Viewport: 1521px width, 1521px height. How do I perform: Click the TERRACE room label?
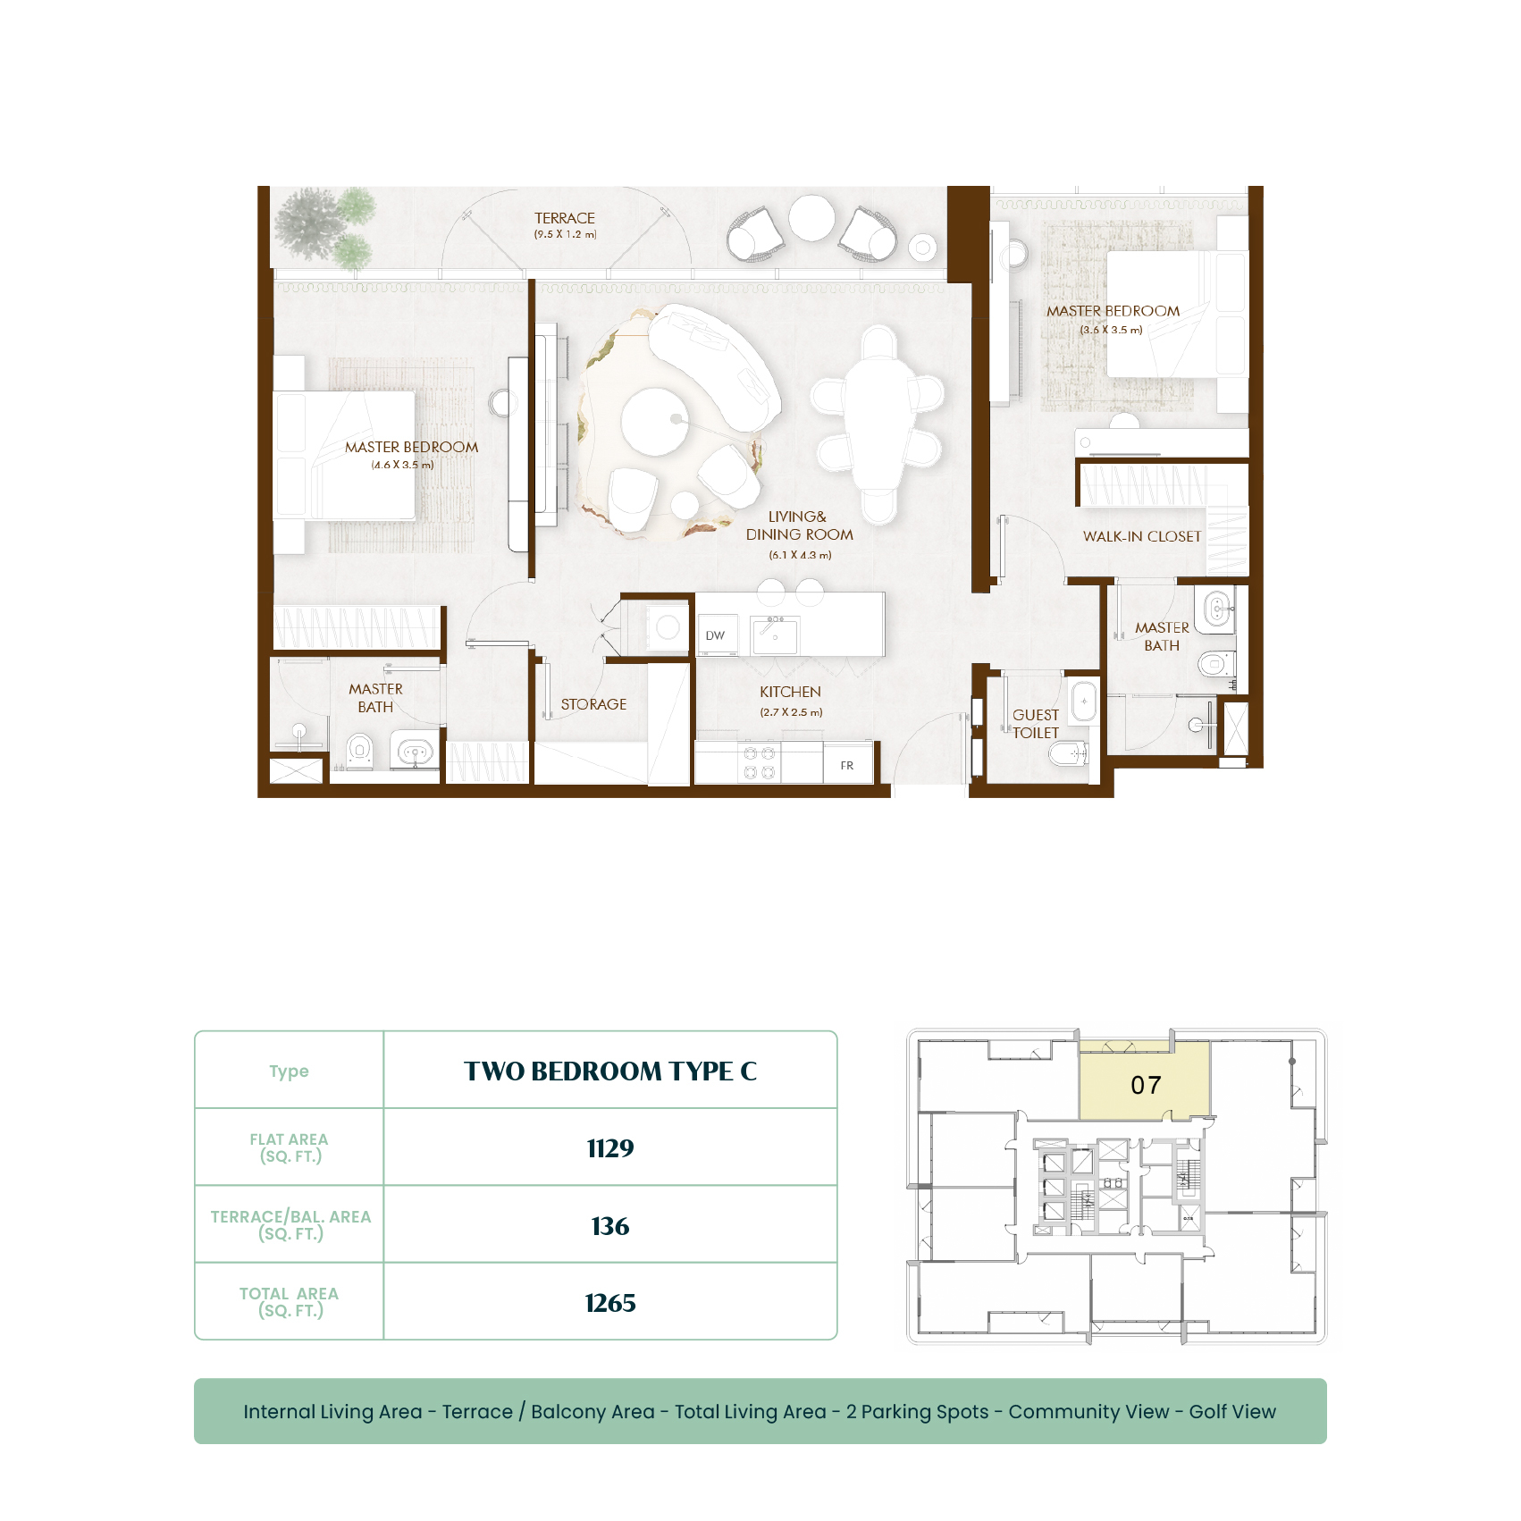pos(565,218)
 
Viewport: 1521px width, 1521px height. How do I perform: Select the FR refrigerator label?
pos(847,766)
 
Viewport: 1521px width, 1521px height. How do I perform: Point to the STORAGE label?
pos(593,704)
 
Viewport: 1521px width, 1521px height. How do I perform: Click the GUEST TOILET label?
pos(1036,724)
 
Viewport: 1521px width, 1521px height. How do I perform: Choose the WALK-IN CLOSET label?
pos(1142,536)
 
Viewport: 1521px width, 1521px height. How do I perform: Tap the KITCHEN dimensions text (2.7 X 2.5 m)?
pos(791,712)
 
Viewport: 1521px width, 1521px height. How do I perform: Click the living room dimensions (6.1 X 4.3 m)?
pos(800,555)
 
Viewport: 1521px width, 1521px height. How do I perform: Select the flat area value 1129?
pos(610,1148)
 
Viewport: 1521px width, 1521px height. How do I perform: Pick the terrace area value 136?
pos(610,1226)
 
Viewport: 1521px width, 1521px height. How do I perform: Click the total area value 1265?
pos(610,1303)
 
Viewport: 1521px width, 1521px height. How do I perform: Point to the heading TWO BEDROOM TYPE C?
pos(610,1071)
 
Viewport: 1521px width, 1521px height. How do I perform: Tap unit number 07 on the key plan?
pos(1146,1085)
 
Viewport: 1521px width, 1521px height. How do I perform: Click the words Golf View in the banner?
pos(1232,1412)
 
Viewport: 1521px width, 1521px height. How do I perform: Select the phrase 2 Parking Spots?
pos(918,1412)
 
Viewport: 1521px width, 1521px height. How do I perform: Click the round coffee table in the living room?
pos(655,422)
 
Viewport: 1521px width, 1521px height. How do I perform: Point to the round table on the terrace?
pos(811,217)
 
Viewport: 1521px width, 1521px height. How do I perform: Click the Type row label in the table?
pos(289,1071)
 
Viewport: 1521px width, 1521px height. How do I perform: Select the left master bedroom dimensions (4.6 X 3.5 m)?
pos(402,465)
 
